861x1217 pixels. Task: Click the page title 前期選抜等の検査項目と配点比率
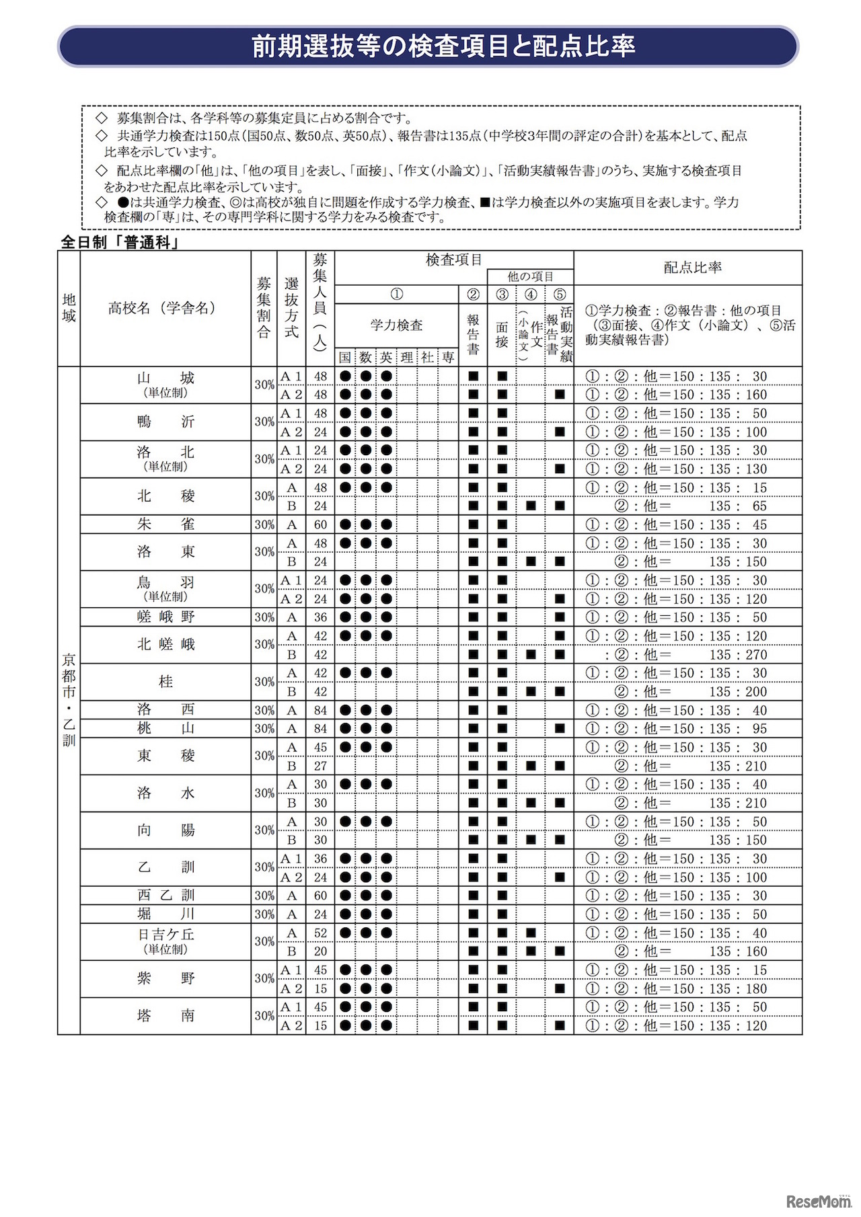pos(443,46)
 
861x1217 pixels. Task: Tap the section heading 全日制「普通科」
pos(120,242)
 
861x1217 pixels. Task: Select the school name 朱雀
pos(165,524)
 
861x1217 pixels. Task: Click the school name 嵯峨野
pos(165,617)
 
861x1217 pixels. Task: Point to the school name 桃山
pos(165,728)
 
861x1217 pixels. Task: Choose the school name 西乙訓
pos(165,896)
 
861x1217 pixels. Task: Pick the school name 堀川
pos(165,914)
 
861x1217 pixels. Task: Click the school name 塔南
pos(165,1016)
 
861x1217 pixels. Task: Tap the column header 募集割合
pos(264,308)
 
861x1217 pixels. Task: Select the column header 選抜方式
pos(291,308)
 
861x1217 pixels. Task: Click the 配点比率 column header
pos(693,268)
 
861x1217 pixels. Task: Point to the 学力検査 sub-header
pos(396,325)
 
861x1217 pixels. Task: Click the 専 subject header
pos(448,358)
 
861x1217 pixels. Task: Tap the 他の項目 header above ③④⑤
pos(530,276)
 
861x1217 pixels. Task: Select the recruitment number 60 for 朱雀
pos(320,524)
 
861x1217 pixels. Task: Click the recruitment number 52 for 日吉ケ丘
pos(320,933)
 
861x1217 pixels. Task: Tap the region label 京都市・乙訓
pos(69,700)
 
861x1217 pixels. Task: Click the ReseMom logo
pos(818,1202)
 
